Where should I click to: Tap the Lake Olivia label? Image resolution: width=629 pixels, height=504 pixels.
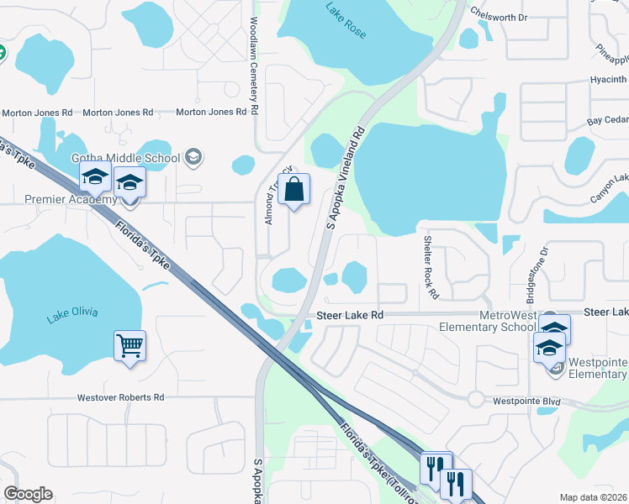point(72,313)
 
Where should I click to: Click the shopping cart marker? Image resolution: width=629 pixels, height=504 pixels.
point(130,345)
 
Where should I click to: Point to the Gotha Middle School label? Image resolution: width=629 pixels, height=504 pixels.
point(125,158)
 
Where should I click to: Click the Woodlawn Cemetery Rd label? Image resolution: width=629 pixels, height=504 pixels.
point(253,67)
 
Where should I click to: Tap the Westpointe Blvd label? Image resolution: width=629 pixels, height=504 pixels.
point(526,402)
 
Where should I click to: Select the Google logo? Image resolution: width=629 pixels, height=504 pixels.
point(28,494)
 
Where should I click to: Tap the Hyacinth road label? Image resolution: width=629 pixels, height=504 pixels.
point(606,81)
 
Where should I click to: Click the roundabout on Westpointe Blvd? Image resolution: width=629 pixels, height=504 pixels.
point(476,398)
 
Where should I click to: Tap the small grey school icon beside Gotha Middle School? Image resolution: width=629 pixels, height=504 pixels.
point(193,157)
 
